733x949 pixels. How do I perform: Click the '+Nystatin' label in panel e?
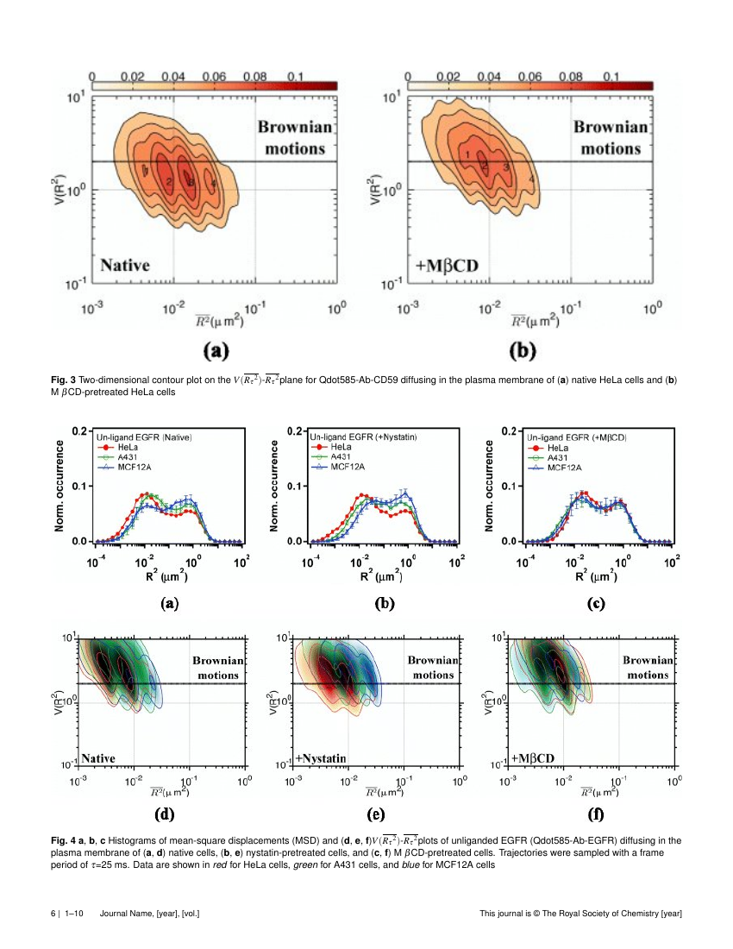tap(321, 757)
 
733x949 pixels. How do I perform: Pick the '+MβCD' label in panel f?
tap(533, 757)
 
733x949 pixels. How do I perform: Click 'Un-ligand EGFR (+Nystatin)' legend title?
tap(363, 438)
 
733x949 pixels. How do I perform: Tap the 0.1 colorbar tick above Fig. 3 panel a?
tap(294, 77)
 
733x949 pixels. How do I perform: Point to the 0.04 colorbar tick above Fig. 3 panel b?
tap(490, 77)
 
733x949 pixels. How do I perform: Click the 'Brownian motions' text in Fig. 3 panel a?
tap(291, 137)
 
